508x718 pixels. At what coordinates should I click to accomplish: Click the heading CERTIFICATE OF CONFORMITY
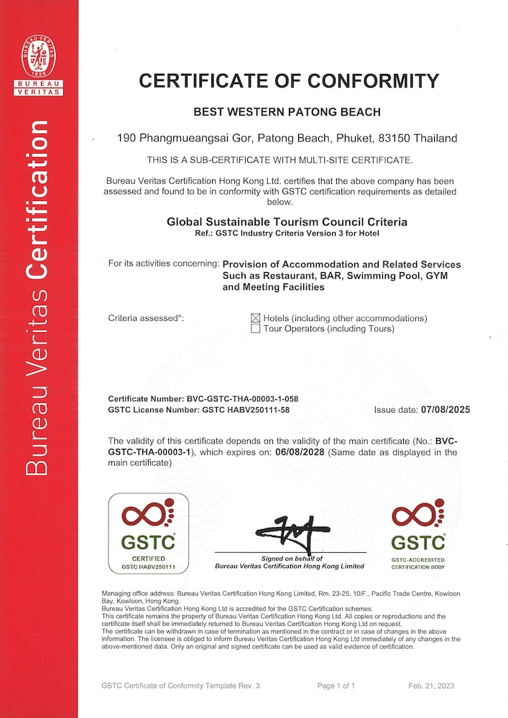click(287, 80)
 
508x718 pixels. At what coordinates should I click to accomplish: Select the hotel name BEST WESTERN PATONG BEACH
click(287, 112)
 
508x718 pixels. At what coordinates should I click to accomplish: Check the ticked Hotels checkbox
click(255, 318)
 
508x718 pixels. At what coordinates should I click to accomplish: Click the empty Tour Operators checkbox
click(255, 329)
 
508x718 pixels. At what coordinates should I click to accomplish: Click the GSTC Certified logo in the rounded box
click(148, 533)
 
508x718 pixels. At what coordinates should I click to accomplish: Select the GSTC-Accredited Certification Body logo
click(417, 535)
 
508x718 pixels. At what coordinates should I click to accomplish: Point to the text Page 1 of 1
click(336, 686)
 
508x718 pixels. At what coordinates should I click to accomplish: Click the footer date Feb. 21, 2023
click(432, 686)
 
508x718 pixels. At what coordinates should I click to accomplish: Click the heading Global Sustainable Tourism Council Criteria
click(287, 223)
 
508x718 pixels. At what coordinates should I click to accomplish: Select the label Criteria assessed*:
click(146, 318)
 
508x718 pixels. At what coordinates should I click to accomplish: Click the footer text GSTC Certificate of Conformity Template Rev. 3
click(181, 686)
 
